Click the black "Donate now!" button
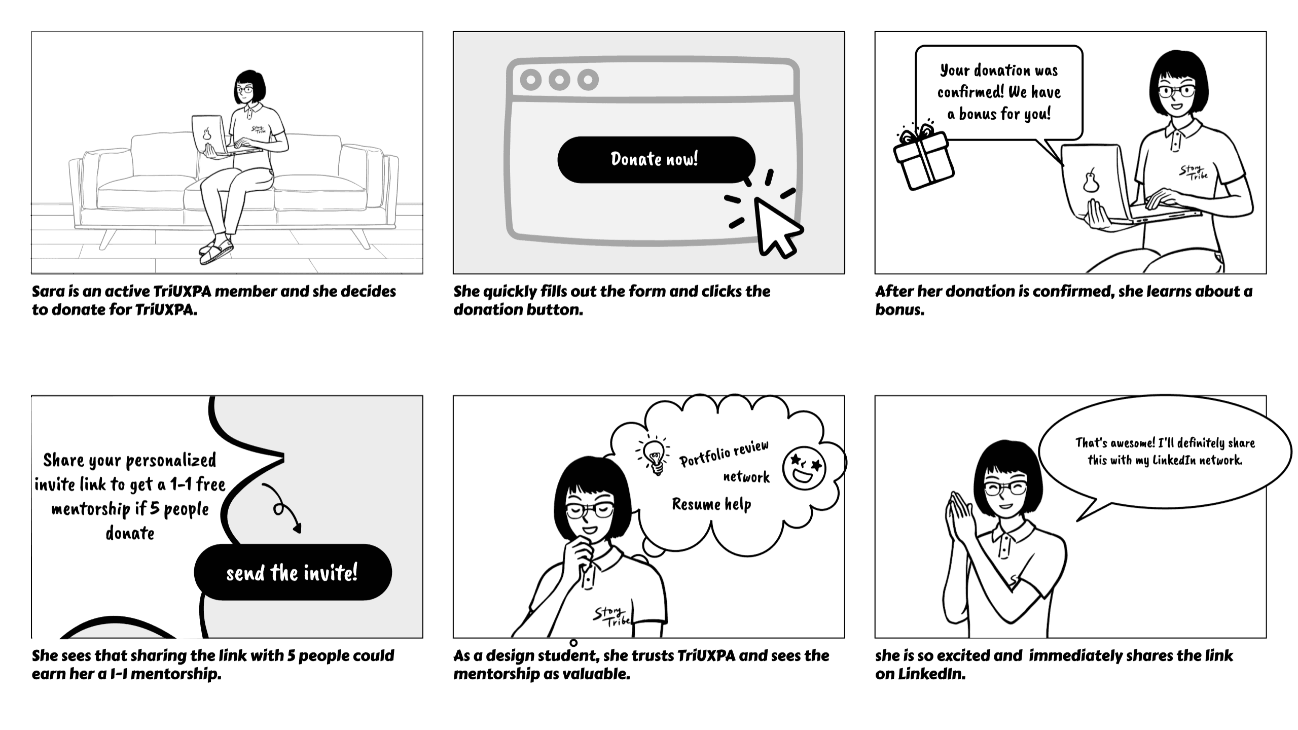click(656, 159)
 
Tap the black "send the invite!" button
click(293, 572)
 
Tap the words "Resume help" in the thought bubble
click(711, 504)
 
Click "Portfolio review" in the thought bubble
click(724, 453)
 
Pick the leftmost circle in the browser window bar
click(531, 80)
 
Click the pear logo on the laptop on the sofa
click(206, 134)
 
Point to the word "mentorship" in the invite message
click(91, 509)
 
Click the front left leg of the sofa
click(106, 238)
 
